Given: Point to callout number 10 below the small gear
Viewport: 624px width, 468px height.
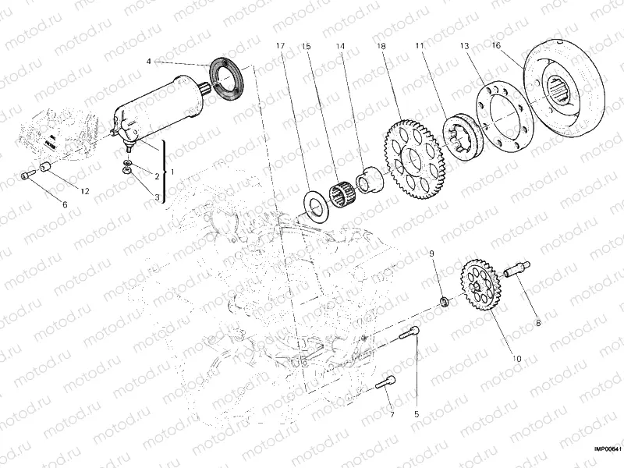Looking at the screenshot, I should [x=516, y=337].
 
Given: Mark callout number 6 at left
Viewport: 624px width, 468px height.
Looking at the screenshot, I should [x=65, y=204].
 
